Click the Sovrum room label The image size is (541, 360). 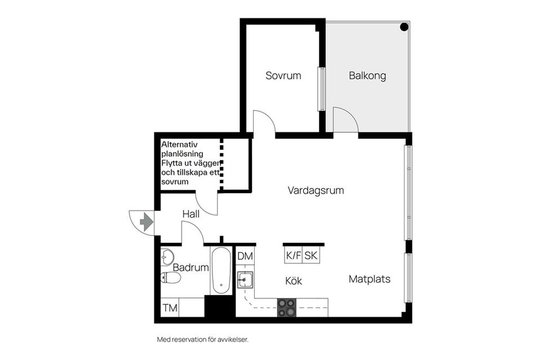(x=283, y=75)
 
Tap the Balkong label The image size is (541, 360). (x=367, y=76)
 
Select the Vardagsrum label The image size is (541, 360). (x=316, y=190)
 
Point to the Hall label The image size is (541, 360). (x=191, y=215)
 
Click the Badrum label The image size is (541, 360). (x=190, y=268)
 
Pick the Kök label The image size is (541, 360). (x=294, y=281)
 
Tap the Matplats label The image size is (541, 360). (x=369, y=279)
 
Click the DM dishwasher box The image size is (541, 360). (x=245, y=256)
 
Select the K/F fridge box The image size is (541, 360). (x=293, y=256)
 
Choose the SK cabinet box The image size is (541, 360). (x=311, y=256)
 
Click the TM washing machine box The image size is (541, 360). (x=170, y=308)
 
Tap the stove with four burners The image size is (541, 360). (x=286, y=307)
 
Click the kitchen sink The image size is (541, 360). (x=245, y=279)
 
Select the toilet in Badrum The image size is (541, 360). (x=170, y=278)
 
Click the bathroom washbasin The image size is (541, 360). (x=167, y=258)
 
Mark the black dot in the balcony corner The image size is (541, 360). (x=404, y=27)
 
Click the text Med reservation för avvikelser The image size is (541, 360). (x=202, y=340)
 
